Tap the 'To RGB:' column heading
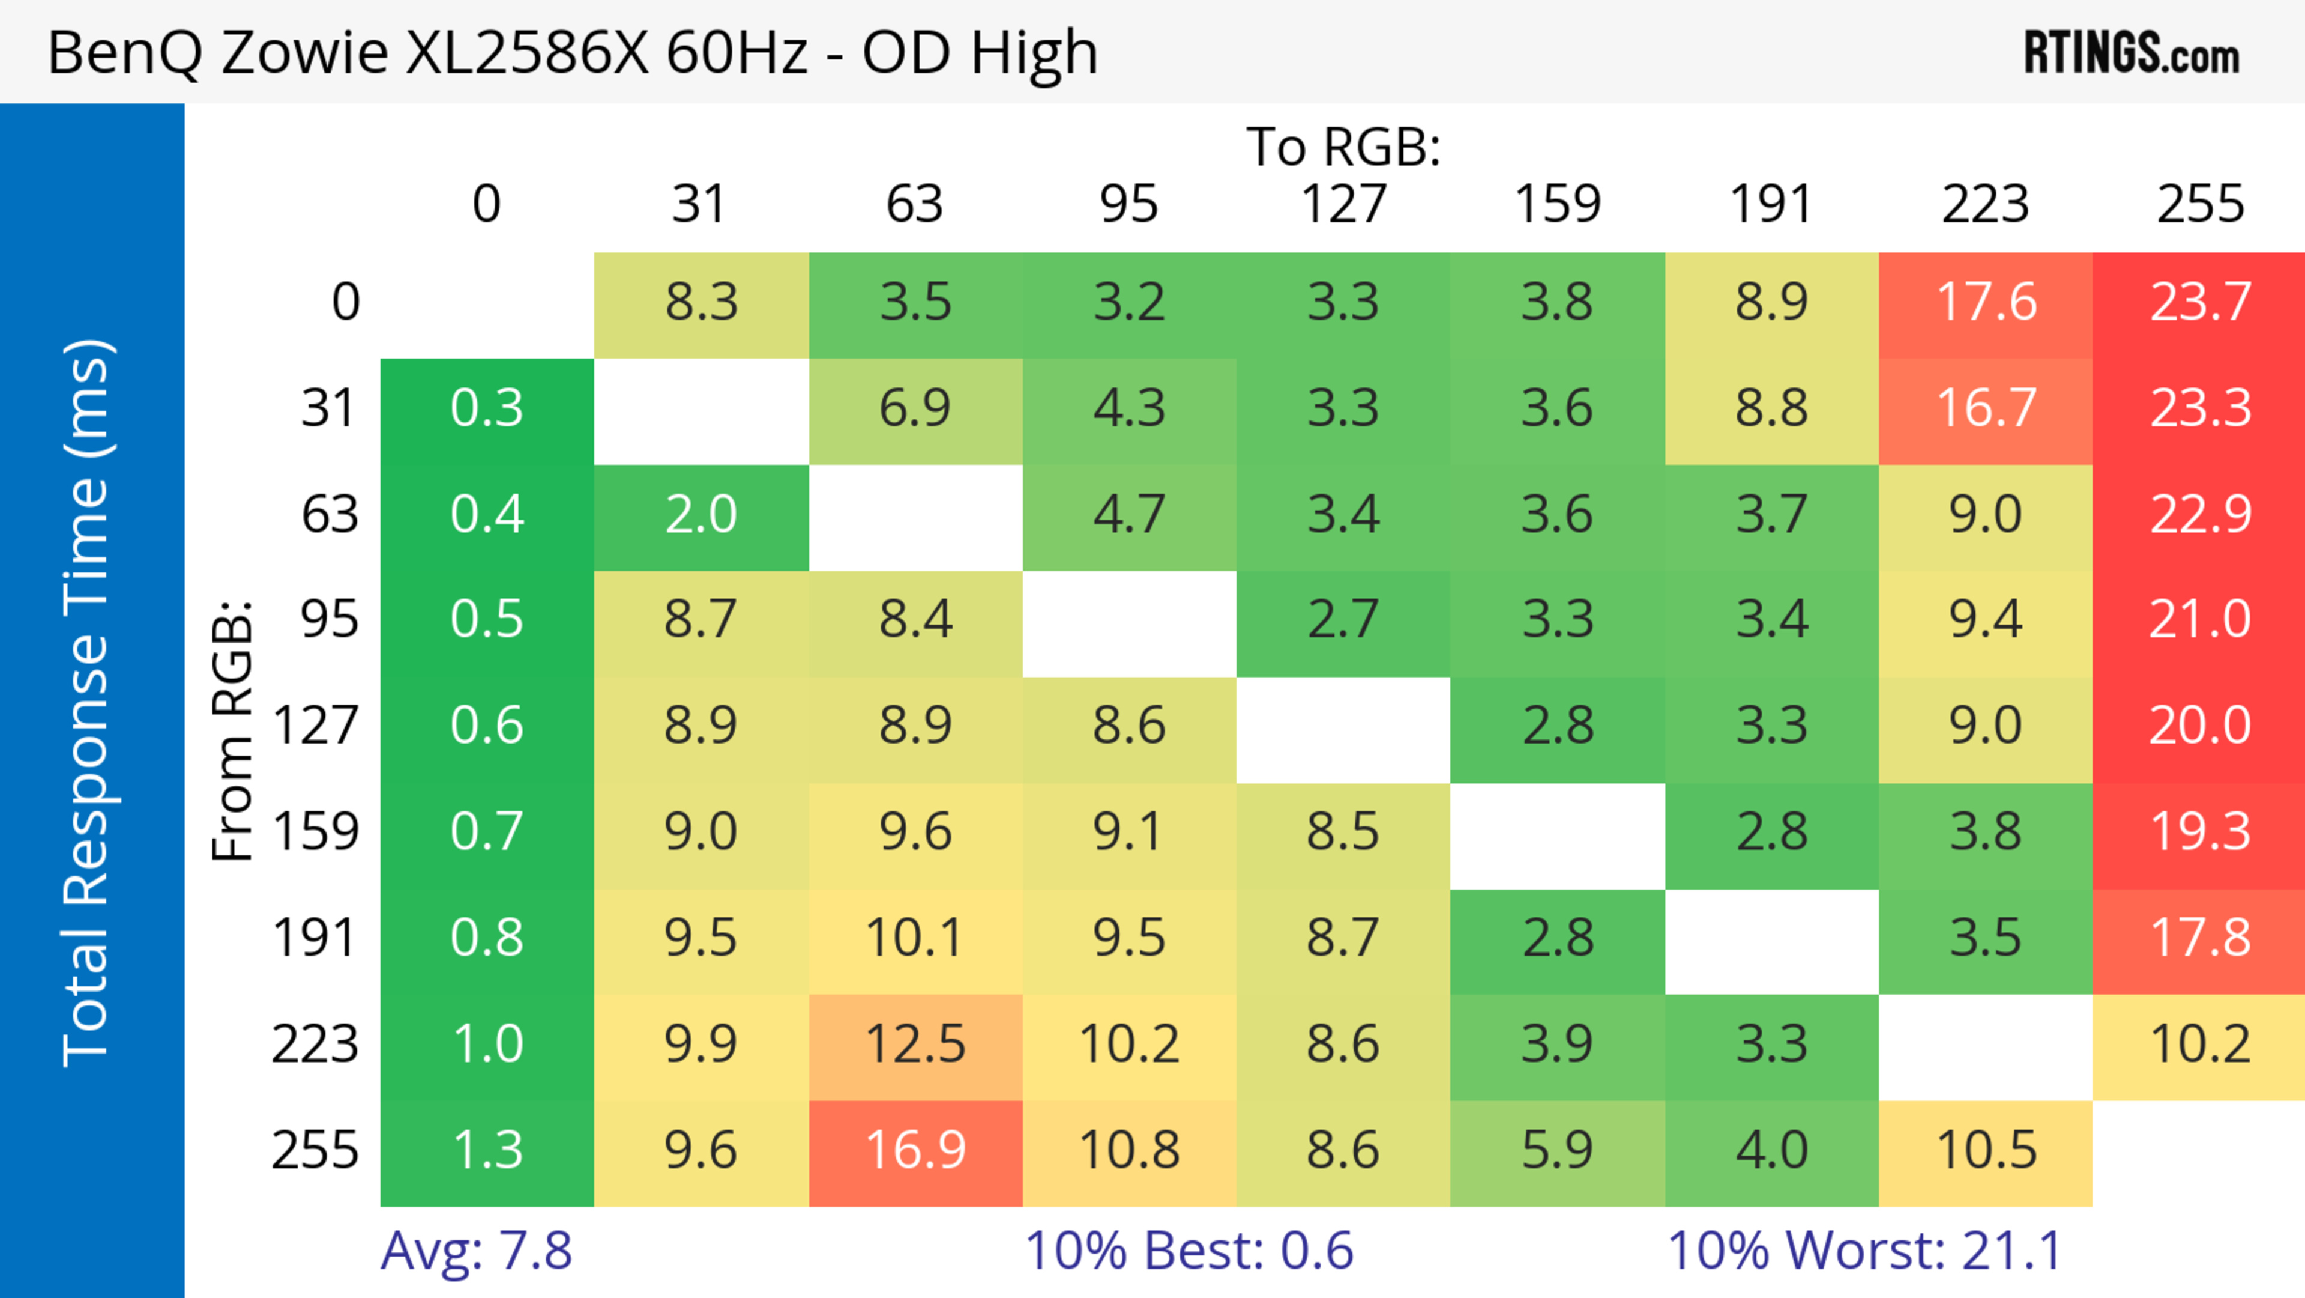click(x=1343, y=146)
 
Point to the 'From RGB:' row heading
click(x=232, y=730)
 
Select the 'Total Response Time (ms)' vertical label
click(x=88, y=703)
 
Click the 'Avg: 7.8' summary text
click(x=476, y=1251)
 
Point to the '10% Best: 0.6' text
click(x=1189, y=1251)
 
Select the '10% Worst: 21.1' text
click(x=1865, y=1251)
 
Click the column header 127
click(x=1343, y=204)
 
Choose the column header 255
click(x=2199, y=204)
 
